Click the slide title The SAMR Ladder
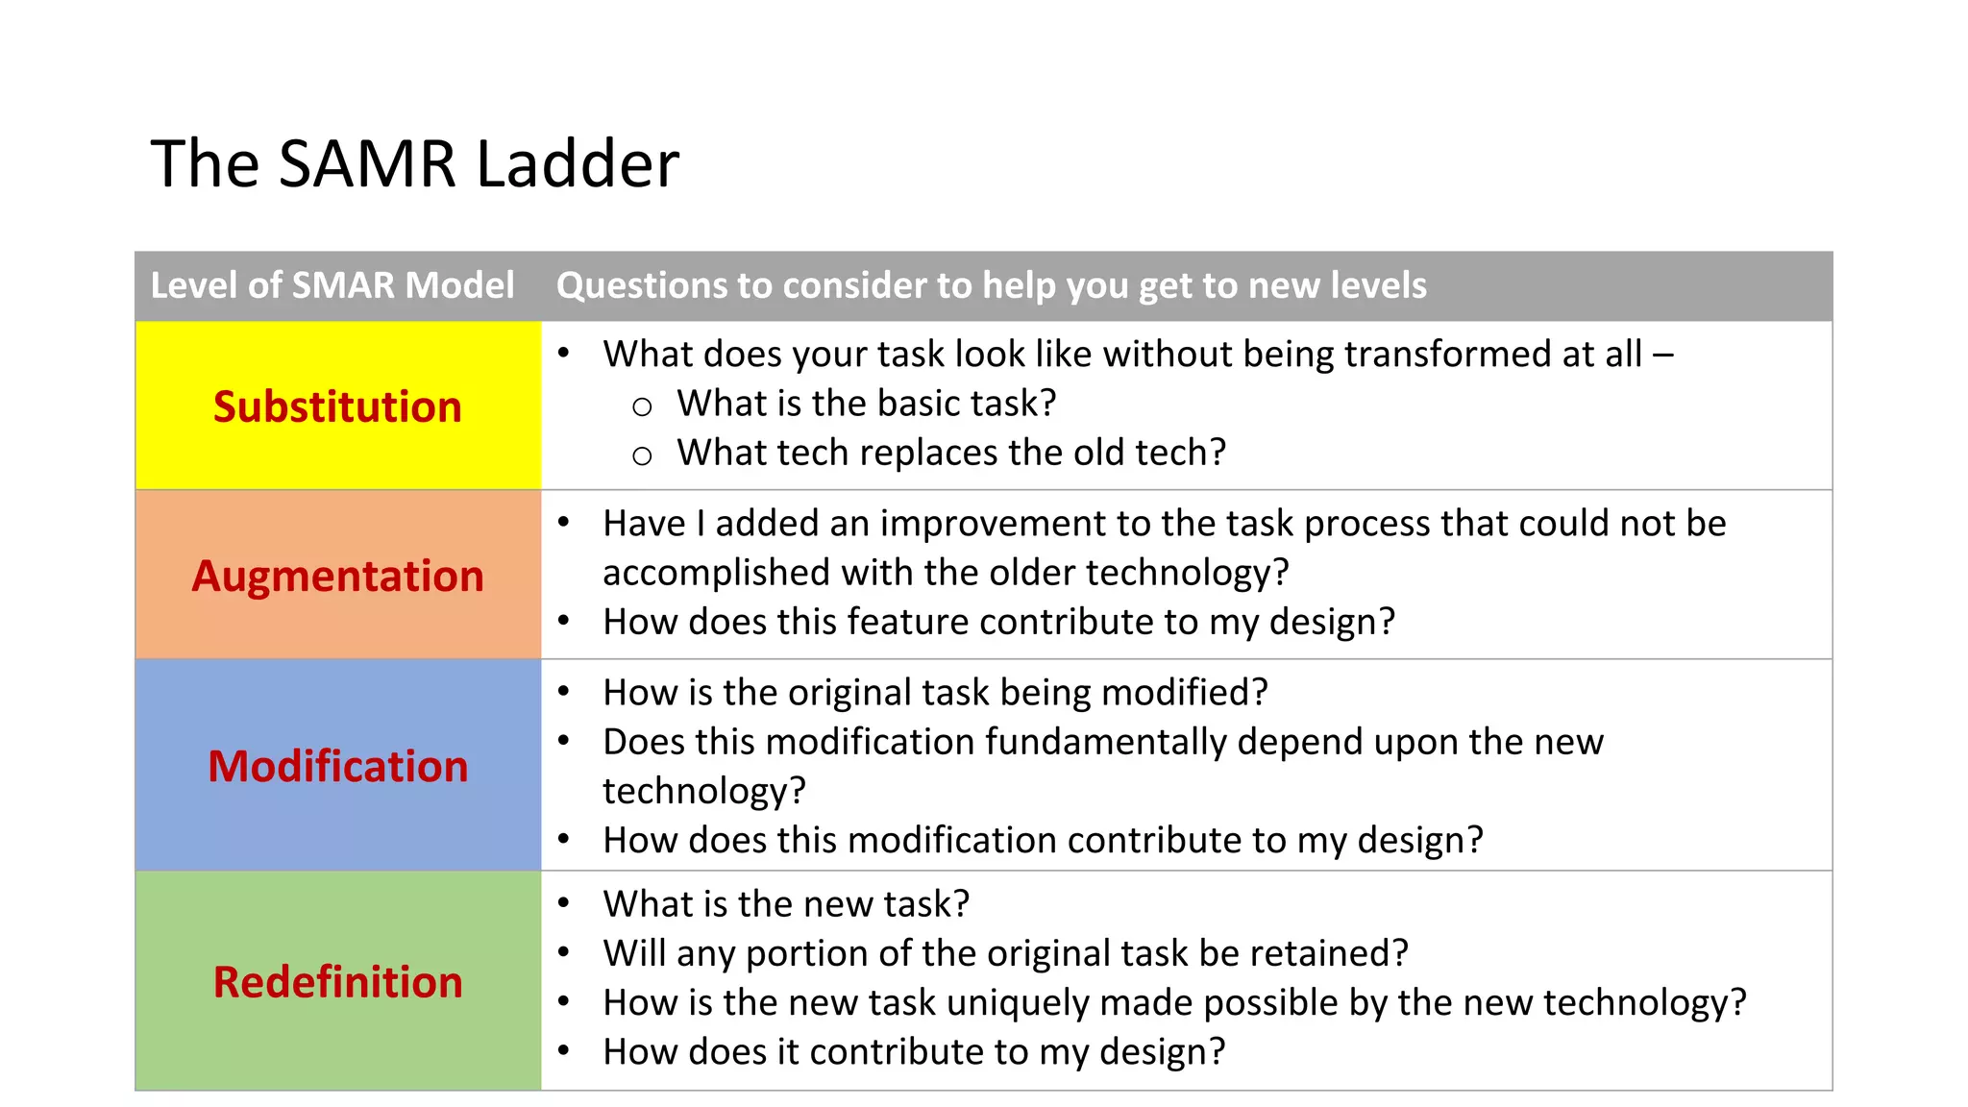[415, 163]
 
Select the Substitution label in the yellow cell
[337, 406]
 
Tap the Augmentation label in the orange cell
[337, 576]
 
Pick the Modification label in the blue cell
[337, 766]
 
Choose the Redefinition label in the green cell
[337, 982]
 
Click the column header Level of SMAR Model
[332, 285]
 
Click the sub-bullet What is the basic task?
[866, 404]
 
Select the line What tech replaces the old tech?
[951, 453]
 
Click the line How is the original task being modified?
[935, 693]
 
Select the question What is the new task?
[786, 904]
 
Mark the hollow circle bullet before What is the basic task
[642, 406]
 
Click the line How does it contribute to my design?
[914, 1052]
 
